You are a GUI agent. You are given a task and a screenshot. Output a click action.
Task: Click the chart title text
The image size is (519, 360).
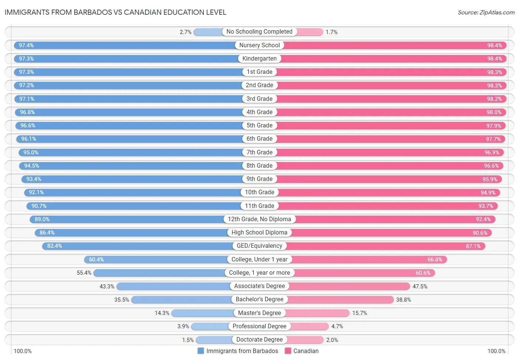pos(115,12)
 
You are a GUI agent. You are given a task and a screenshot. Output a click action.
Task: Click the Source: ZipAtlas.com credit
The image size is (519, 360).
pos(486,13)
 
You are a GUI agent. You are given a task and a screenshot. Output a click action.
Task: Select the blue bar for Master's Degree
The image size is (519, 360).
pos(203,313)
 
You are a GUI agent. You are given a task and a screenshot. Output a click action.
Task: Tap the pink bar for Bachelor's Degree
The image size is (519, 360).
pos(340,300)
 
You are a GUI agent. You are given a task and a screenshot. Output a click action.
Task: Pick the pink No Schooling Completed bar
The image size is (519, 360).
pos(310,32)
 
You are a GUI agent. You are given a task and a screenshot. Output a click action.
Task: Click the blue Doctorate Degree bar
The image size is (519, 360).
pos(214,340)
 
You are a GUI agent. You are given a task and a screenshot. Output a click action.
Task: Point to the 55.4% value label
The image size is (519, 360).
pos(84,273)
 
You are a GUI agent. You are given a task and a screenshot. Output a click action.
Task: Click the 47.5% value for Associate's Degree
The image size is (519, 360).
pos(420,287)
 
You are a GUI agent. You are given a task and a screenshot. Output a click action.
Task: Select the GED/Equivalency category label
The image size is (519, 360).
pos(259,246)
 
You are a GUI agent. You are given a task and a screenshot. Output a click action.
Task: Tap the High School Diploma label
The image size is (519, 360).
pos(259,233)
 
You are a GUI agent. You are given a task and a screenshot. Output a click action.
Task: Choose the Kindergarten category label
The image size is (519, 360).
pos(259,59)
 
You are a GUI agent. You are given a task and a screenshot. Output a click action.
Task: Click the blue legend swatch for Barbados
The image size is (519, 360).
pos(201,351)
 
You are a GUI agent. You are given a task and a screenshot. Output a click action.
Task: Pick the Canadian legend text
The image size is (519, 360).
pos(306,351)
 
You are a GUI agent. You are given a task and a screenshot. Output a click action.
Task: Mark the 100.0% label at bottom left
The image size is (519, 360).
pos(23,351)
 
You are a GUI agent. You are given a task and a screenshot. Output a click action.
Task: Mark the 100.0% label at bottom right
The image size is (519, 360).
pos(496,351)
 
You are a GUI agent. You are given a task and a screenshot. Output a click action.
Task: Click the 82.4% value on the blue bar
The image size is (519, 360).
pos(55,246)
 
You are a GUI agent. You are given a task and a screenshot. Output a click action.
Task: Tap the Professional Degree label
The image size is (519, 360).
pos(259,326)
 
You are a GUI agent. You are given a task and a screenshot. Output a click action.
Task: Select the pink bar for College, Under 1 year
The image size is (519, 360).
pos(369,260)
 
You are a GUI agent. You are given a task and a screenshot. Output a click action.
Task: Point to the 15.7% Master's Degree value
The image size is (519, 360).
pos(360,313)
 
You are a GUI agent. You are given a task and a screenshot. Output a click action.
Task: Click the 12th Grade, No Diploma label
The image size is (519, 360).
pos(259,219)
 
